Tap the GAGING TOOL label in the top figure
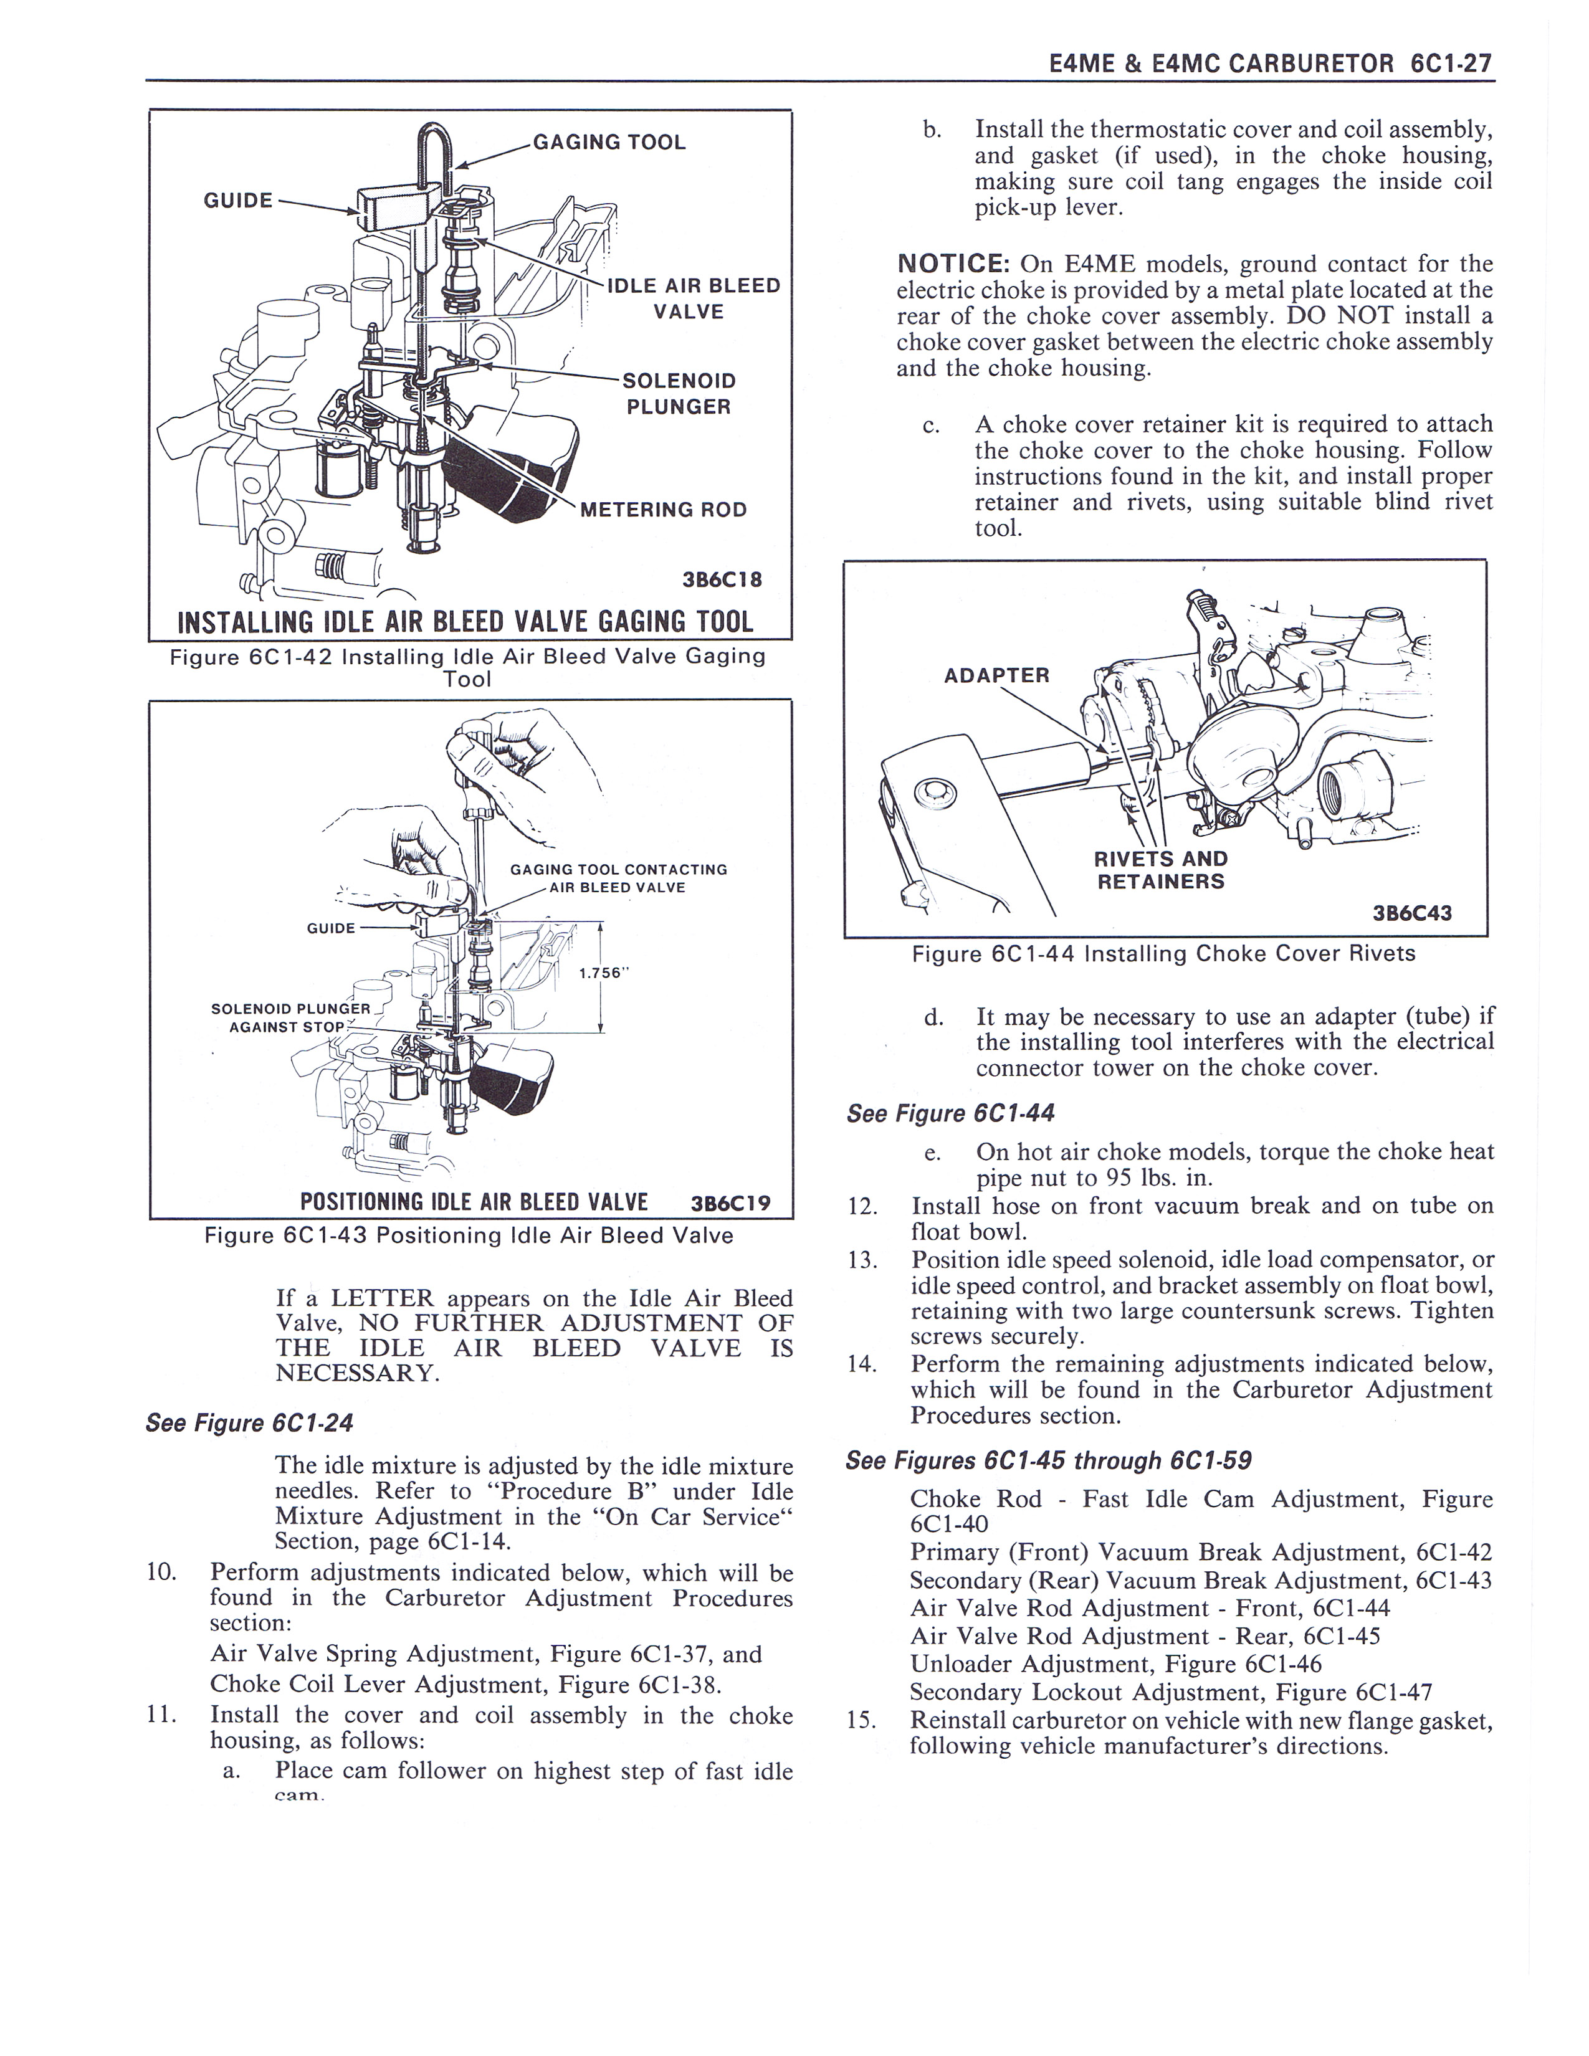(x=609, y=142)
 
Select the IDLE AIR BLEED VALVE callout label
(x=693, y=298)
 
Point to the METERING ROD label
(x=663, y=509)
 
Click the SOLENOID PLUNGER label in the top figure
(x=679, y=394)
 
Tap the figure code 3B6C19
(x=730, y=1202)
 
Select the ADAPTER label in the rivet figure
(x=996, y=675)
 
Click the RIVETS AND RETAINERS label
(x=1161, y=870)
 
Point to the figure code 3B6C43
(x=1412, y=913)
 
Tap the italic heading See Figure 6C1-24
(x=249, y=1422)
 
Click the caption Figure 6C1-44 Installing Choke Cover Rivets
(x=1163, y=954)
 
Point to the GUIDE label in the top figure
(x=238, y=199)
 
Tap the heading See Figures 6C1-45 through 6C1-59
(x=1049, y=1460)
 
